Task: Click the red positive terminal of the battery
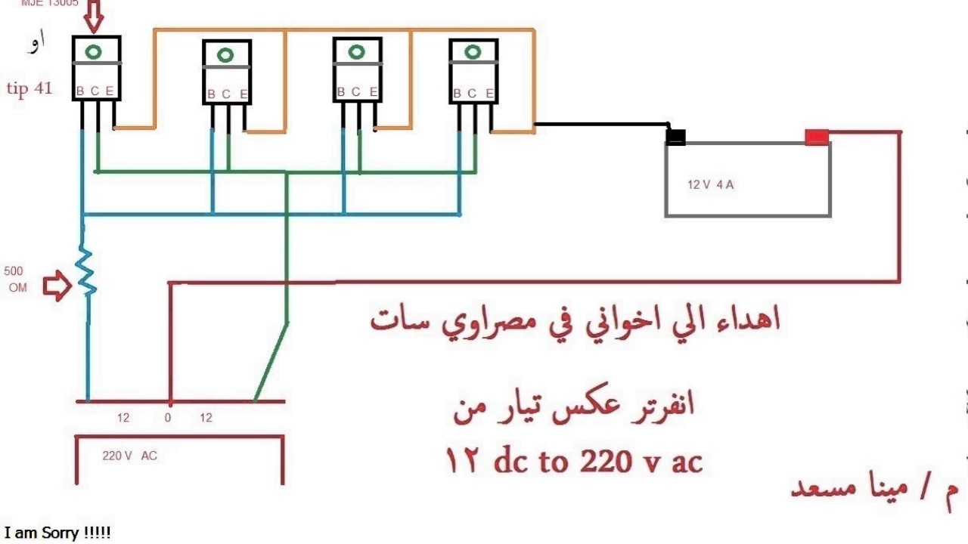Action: [x=816, y=137]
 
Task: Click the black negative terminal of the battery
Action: [x=675, y=137]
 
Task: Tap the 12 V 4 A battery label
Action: [x=710, y=184]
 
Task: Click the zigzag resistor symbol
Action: [x=85, y=270]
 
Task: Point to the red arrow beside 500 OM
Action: [x=57, y=286]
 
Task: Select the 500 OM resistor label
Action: [x=14, y=279]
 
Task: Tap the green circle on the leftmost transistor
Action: [x=94, y=52]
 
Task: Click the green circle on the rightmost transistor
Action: [x=473, y=52]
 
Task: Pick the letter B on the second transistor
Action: [x=211, y=94]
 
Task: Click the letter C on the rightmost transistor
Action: [x=472, y=94]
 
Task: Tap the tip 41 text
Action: [x=29, y=88]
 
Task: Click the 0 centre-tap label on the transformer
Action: [x=168, y=418]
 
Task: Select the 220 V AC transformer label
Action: [x=129, y=456]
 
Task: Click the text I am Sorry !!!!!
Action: [x=57, y=533]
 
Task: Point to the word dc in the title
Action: [x=510, y=461]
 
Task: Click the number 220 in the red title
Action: [x=604, y=461]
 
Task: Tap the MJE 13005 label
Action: [x=49, y=4]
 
